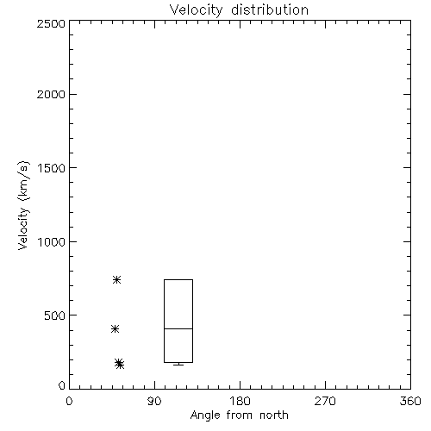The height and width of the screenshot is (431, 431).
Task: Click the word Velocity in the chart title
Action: coord(197,10)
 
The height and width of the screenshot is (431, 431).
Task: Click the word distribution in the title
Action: coord(270,9)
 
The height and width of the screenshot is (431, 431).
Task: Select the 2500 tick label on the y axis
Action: coord(51,23)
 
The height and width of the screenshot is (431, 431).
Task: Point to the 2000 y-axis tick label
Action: coord(51,95)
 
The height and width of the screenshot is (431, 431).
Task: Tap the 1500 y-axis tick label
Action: coord(52,168)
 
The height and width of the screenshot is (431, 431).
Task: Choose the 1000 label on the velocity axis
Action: coord(52,242)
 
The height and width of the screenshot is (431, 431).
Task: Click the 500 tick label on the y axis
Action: coord(55,315)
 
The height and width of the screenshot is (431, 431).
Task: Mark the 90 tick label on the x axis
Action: coord(154,401)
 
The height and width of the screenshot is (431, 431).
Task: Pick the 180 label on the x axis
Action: coord(240,401)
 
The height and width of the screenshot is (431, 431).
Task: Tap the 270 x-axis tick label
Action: coord(325,401)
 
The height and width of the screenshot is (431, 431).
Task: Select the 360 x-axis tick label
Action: coord(410,401)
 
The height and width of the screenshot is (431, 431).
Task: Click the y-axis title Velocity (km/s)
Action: coord(23,205)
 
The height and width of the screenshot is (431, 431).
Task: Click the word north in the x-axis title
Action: coord(274,415)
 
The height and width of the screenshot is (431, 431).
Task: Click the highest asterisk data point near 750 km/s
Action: coord(116,279)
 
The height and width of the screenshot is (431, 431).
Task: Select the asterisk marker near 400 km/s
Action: coord(115,329)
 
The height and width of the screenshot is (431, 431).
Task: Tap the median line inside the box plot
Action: coord(178,328)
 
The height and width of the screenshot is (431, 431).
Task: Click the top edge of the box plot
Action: coord(178,279)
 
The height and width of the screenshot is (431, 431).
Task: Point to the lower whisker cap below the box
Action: coord(178,365)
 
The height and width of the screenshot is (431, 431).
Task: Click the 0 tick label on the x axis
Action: coord(69,401)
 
